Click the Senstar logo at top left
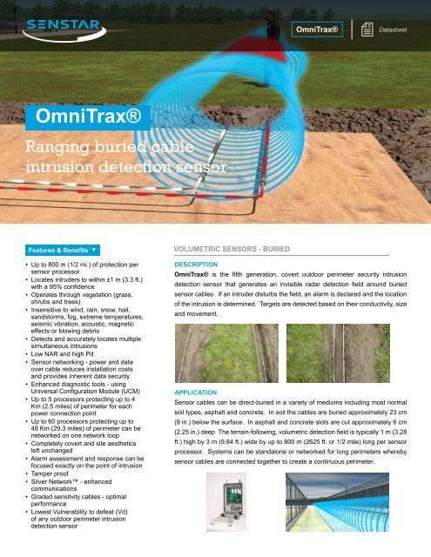(x=65, y=30)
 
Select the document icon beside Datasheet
(x=371, y=30)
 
